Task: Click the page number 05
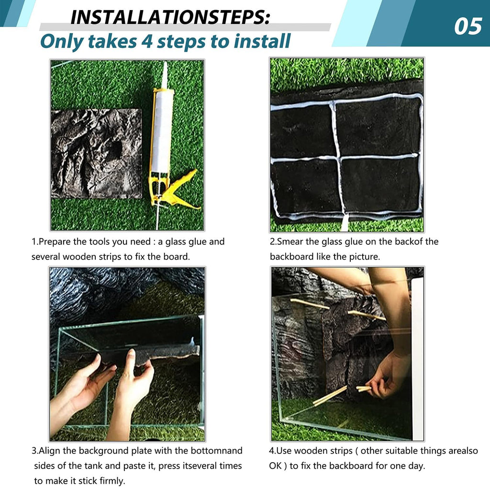[468, 26]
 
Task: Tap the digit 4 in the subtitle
[146, 41]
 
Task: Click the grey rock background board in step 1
[96, 153]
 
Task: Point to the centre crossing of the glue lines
[338, 158]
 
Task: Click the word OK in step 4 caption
[275, 466]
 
